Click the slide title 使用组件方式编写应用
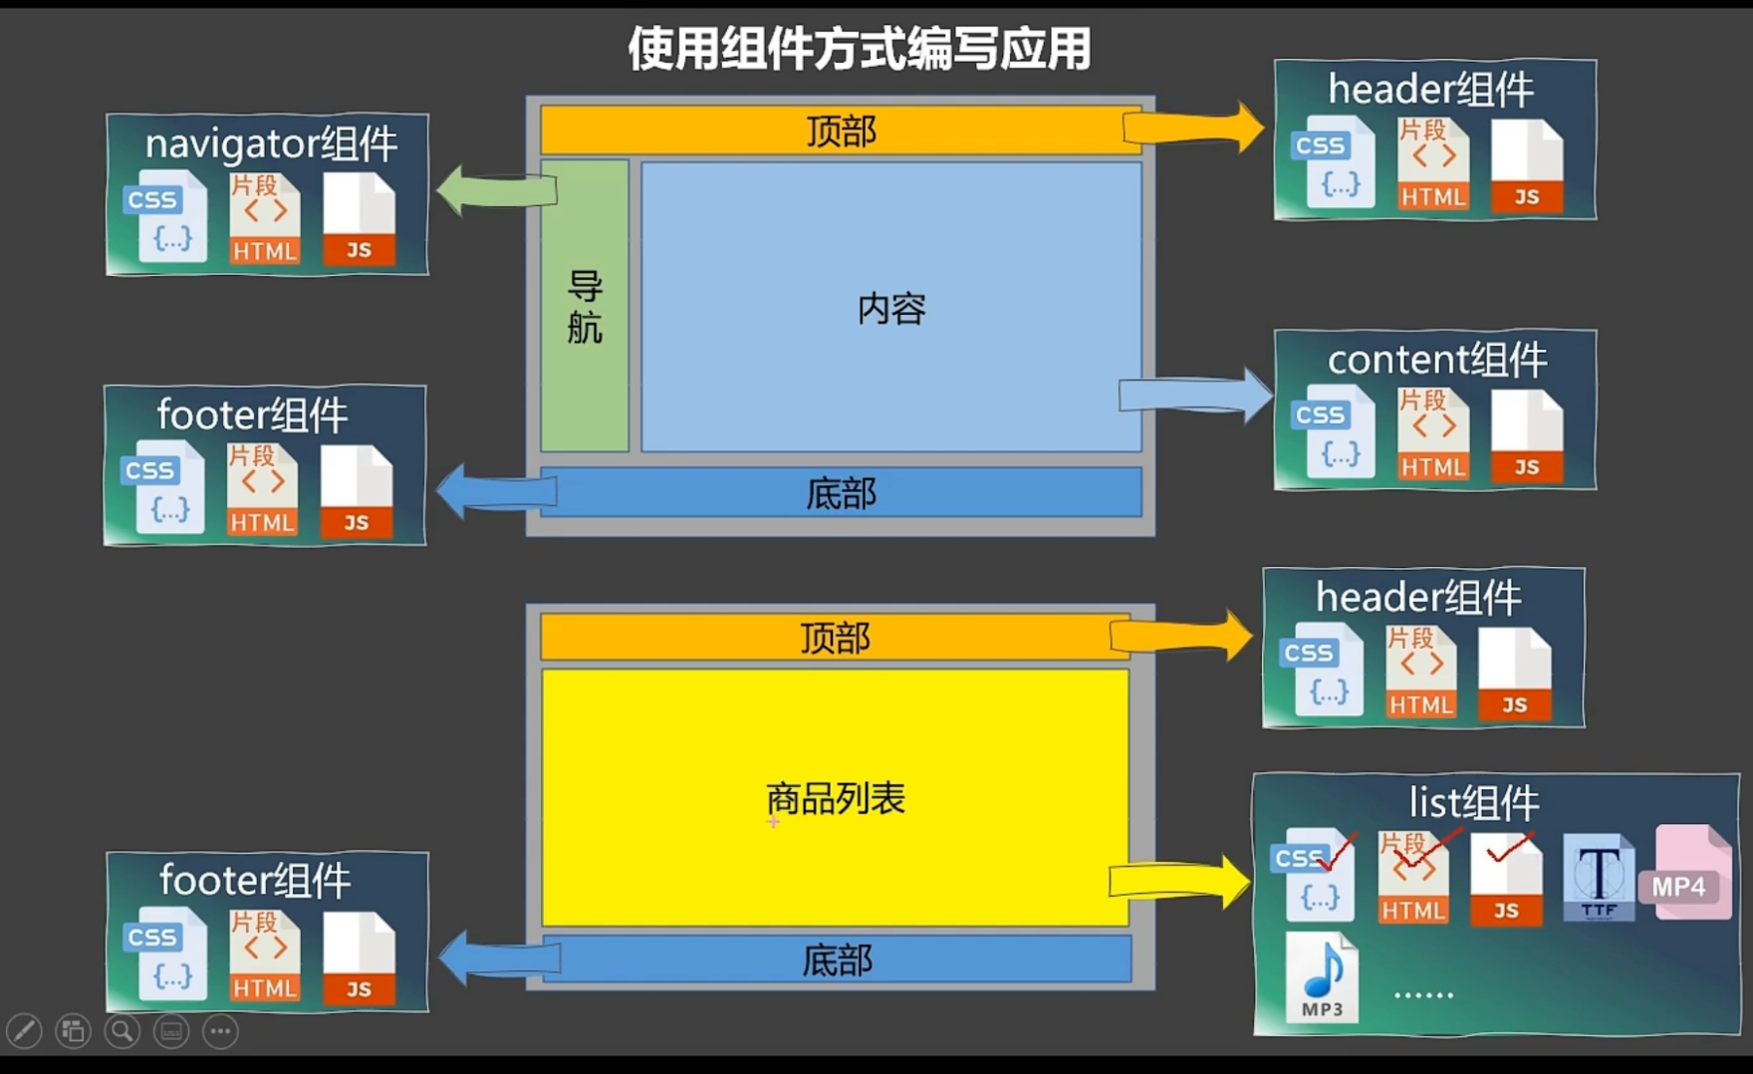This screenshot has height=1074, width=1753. pos(860,49)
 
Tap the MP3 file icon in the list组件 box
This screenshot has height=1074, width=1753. pos(1322,977)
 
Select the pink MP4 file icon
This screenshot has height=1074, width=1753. pos(1691,872)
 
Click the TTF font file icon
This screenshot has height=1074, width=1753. pos(1598,878)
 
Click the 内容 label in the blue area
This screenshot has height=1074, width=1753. pos(891,309)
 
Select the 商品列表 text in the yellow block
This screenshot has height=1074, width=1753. pos(836,798)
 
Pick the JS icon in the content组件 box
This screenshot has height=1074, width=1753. pos(1526,436)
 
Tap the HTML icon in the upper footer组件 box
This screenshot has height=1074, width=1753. pos(263,490)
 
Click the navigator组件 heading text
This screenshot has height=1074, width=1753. pos(271,144)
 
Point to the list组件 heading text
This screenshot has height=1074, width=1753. pos(1473,802)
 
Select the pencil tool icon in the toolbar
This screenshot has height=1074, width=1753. pos(24,1031)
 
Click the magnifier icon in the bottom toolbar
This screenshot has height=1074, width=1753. pos(123,1031)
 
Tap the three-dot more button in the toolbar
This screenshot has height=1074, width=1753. pos(220,1031)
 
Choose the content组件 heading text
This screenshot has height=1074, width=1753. pos(1436,360)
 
